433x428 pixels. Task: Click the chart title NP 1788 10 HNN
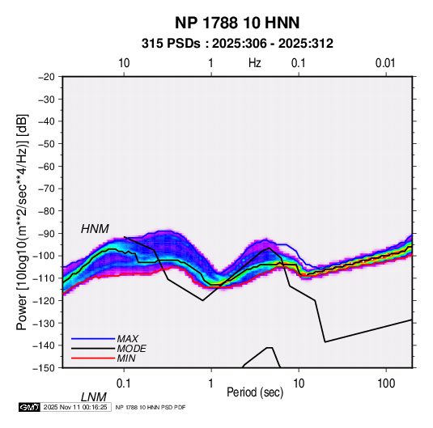(x=237, y=23)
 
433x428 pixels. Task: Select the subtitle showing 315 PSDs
(x=237, y=44)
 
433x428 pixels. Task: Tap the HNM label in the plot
(x=95, y=229)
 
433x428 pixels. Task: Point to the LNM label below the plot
(x=94, y=397)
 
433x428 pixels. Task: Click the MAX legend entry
(x=128, y=338)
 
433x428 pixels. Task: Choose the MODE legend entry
(x=131, y=349)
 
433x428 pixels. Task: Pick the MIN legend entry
(x=126, y=358)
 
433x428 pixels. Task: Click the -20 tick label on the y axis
(x=46, y=77)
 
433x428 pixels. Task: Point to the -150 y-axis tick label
(x=44, y=368)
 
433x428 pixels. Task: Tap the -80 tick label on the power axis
(x=46, y=211)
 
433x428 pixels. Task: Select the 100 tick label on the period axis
(x=386, y=384)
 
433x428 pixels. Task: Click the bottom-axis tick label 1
(x=211, y=384)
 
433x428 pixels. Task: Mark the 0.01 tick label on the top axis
(x=385, y=63)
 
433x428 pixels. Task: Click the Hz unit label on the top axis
(x=255, y=63)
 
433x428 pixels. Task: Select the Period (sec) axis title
(x=255, y=392)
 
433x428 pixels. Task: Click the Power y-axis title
(x=22, y=222)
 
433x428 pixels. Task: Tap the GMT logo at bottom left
(x=29, y=407)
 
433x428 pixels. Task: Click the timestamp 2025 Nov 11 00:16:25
(x=75, y=407)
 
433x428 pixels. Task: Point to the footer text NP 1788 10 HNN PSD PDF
(x=151, y=407)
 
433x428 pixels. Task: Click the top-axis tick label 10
(x=124, y=63)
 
